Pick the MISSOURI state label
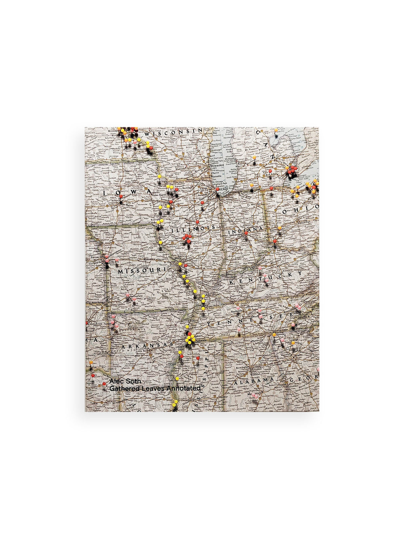137,271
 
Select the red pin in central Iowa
120,197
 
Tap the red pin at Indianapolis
246,233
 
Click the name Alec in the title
116,381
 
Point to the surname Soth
133,381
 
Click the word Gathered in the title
121,388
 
